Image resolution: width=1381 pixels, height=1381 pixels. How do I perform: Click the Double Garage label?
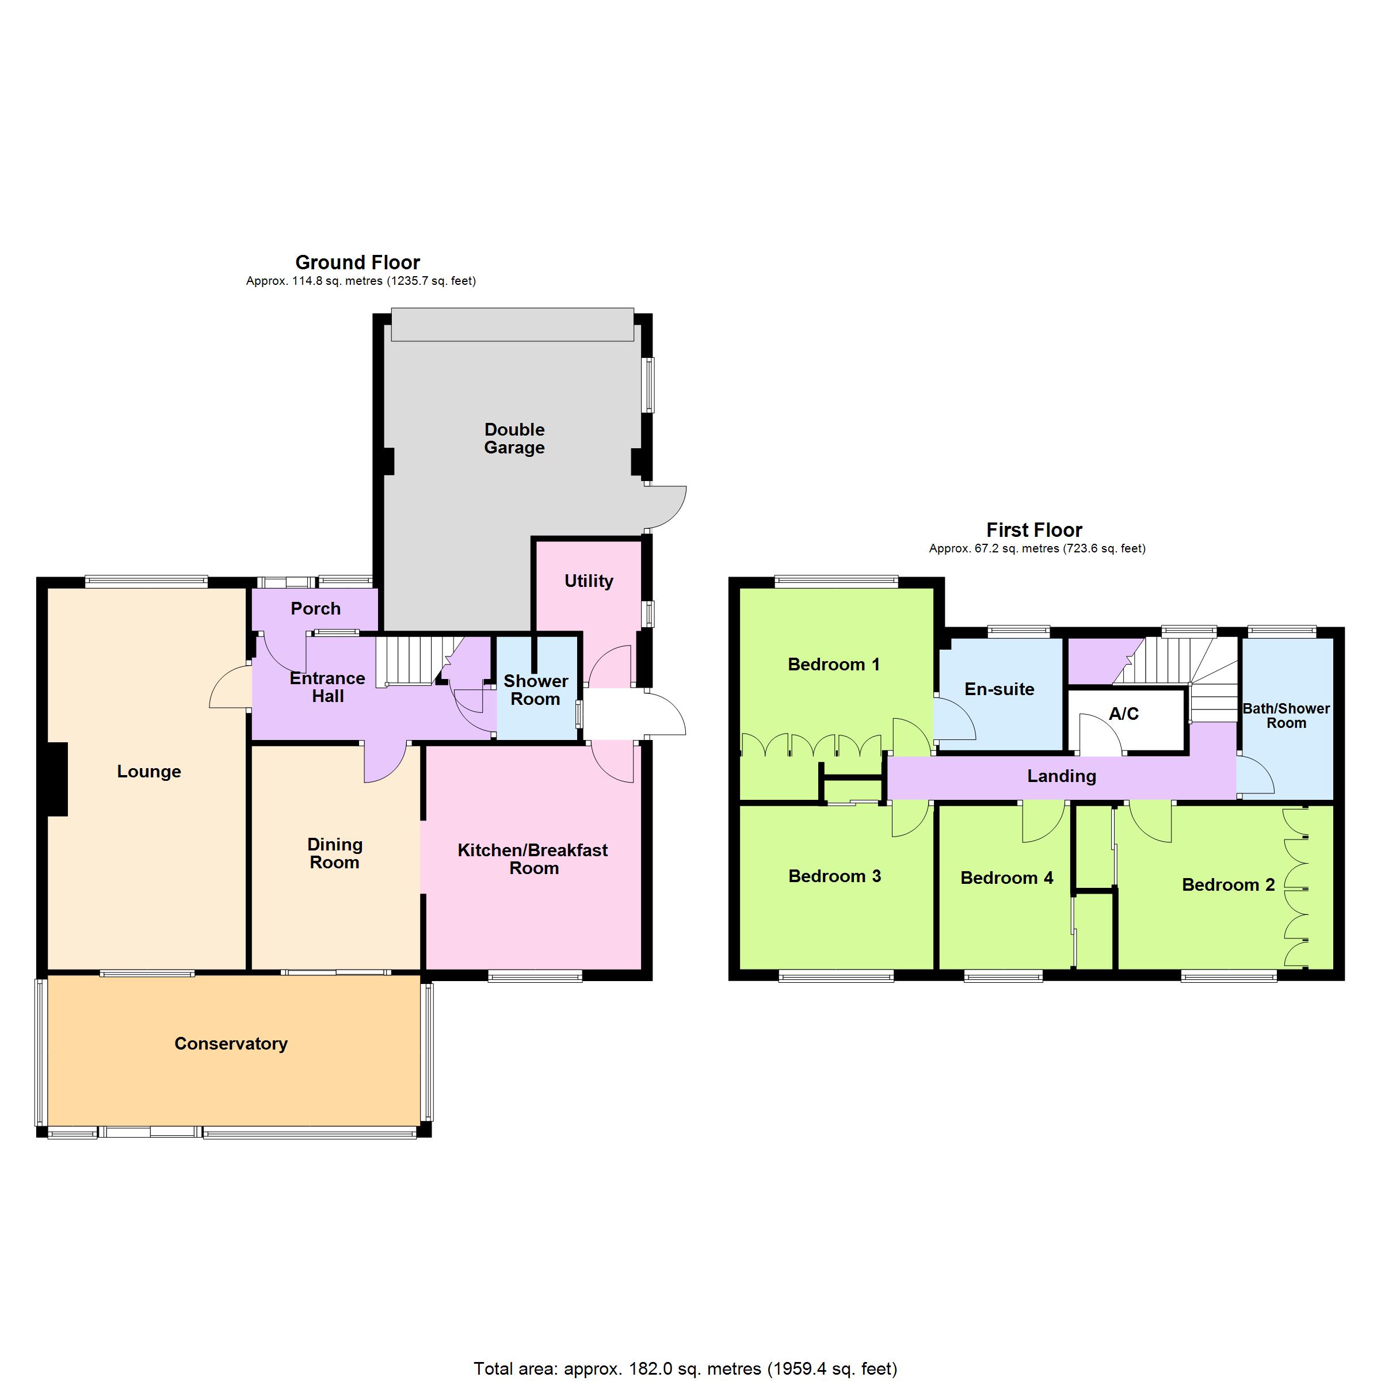[x=514, y=438]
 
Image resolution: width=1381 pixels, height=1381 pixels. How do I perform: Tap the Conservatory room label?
[x=231, y=1044]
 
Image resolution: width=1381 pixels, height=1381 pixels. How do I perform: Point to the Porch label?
[x=315, y=608]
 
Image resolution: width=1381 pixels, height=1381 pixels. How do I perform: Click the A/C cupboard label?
[x=1124, y=714]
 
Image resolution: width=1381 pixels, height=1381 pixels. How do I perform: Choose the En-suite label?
[x=999, y=689]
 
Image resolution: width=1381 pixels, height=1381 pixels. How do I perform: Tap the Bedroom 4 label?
[x=1006, y=878]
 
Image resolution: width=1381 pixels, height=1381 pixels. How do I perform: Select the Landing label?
[x=1062, y=776]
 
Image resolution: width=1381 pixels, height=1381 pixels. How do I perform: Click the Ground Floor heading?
[x=357, y=262]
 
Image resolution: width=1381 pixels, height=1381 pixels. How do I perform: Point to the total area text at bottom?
[x=685, y=1368]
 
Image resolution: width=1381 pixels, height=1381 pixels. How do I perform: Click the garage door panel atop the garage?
[x=513, y=325]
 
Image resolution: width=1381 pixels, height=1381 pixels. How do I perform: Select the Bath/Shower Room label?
[x=1286, y=715]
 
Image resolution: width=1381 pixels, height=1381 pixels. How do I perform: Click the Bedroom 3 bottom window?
[x=836, y=976]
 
